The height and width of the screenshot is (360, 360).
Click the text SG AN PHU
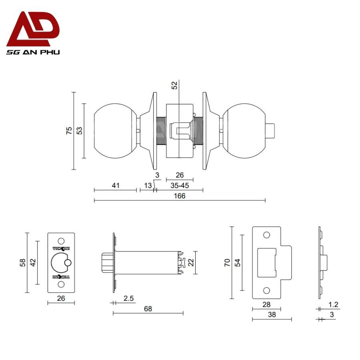point(33,52)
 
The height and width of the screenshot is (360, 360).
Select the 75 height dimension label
point(69,130)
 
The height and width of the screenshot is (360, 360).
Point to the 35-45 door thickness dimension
point(180,185)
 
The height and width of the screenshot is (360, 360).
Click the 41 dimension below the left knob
point(116,185)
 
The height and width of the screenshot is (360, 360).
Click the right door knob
point(243,130)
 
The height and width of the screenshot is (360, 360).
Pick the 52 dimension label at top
point(174,85)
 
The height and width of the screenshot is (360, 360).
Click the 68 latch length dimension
point(148,308)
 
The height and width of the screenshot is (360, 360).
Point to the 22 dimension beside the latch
point(191,262)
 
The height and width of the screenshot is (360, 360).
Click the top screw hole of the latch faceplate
point(61,241)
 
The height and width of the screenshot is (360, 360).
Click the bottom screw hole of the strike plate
point(266,290)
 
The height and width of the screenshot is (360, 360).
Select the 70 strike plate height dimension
point(226,262)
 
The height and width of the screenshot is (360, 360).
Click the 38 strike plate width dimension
point(272,315)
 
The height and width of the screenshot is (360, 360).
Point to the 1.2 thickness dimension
point(334,305)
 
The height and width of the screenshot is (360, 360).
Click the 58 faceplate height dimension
point(23,262)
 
